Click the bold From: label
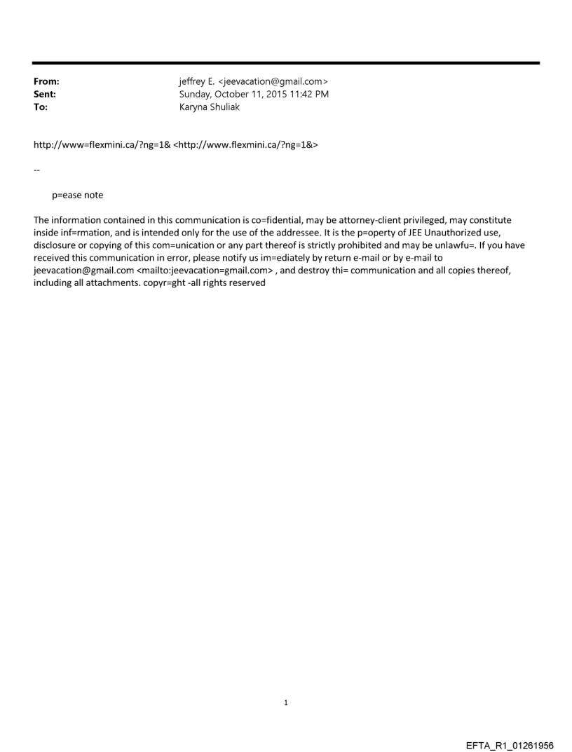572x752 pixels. (46, 82)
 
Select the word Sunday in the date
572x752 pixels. (196, 93)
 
